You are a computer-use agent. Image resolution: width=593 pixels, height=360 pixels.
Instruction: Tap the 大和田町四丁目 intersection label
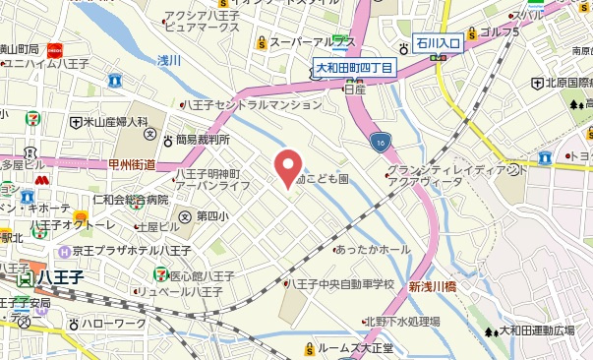pyautogui.click(x=354, y=67)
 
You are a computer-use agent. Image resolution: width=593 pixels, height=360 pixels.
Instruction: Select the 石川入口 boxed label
pyautogui.click(x=436, y=43)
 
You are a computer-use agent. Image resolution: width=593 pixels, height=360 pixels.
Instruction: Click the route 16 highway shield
pyautogui.click(x=381, y=143)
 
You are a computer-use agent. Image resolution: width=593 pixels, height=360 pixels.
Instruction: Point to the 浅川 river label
pyautogui.click(x=168, y=60)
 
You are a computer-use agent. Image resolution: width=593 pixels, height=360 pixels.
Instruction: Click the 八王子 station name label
pyautogui.click(x=50, y=279)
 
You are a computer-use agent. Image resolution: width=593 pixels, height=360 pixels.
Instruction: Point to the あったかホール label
pyautogui.click(x=373, y=249)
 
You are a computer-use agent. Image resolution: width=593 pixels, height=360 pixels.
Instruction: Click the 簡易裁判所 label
pyautogui.click(x=202, y=140)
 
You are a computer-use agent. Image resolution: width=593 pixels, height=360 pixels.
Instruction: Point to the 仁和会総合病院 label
pyautogui.click(x=130, y=201)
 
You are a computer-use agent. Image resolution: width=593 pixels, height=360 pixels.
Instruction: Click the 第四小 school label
pyautogui.click(x=212, y=216)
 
